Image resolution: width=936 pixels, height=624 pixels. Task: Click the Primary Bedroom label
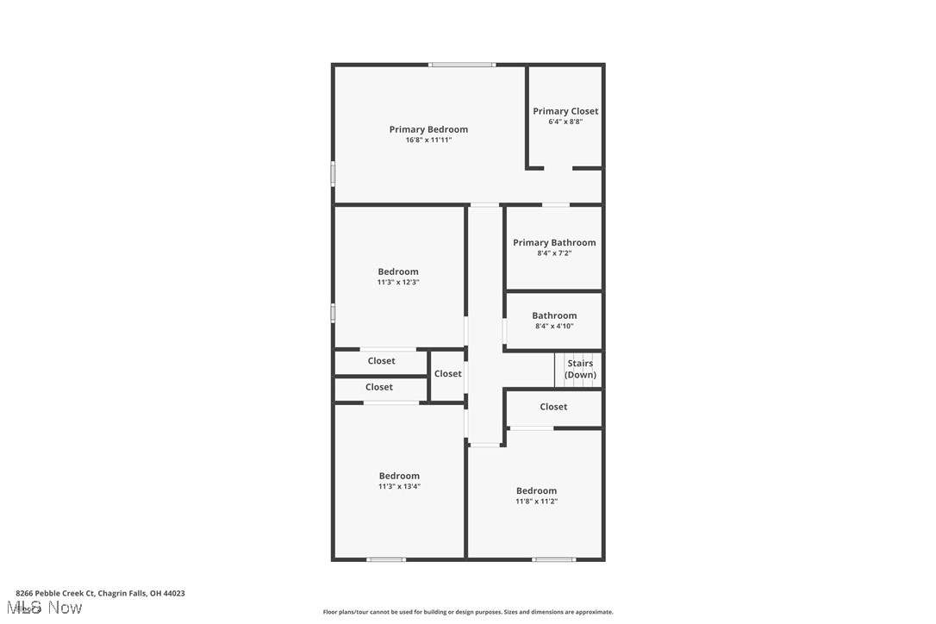coord(428,129)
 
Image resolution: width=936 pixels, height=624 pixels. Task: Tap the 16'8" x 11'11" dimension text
coord(428,140)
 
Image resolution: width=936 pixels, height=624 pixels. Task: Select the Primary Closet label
coord(565,111)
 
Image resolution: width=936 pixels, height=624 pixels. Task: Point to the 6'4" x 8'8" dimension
coord(565,122)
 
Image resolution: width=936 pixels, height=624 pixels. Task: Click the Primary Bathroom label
coord(554,242)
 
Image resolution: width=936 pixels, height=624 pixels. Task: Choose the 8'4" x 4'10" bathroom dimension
coord(554,326)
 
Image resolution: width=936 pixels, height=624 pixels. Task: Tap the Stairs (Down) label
coord(580,369)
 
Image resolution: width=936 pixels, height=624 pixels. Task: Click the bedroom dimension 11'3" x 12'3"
coord(398,282)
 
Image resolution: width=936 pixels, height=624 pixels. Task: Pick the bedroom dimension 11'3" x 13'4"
coord(399,486)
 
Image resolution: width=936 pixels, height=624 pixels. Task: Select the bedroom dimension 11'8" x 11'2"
coord(536,501)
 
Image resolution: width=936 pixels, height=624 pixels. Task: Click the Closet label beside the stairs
coord(553,407)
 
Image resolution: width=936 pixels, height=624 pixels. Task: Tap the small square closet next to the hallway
coord(447,374)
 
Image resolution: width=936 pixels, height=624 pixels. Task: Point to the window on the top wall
coord(462,65)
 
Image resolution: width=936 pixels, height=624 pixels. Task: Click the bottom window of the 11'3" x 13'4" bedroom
coord(386,559)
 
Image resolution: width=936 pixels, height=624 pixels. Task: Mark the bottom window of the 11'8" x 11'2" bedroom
coord(553,559)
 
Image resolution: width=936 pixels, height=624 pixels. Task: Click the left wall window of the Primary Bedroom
coord(334,173)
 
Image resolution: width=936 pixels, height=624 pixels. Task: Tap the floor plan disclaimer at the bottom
coord(468,612)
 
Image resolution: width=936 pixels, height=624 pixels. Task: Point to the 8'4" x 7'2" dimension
coord(554,253)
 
